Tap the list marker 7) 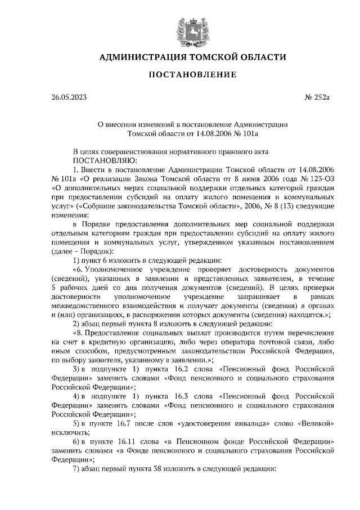tap(78, 469)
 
